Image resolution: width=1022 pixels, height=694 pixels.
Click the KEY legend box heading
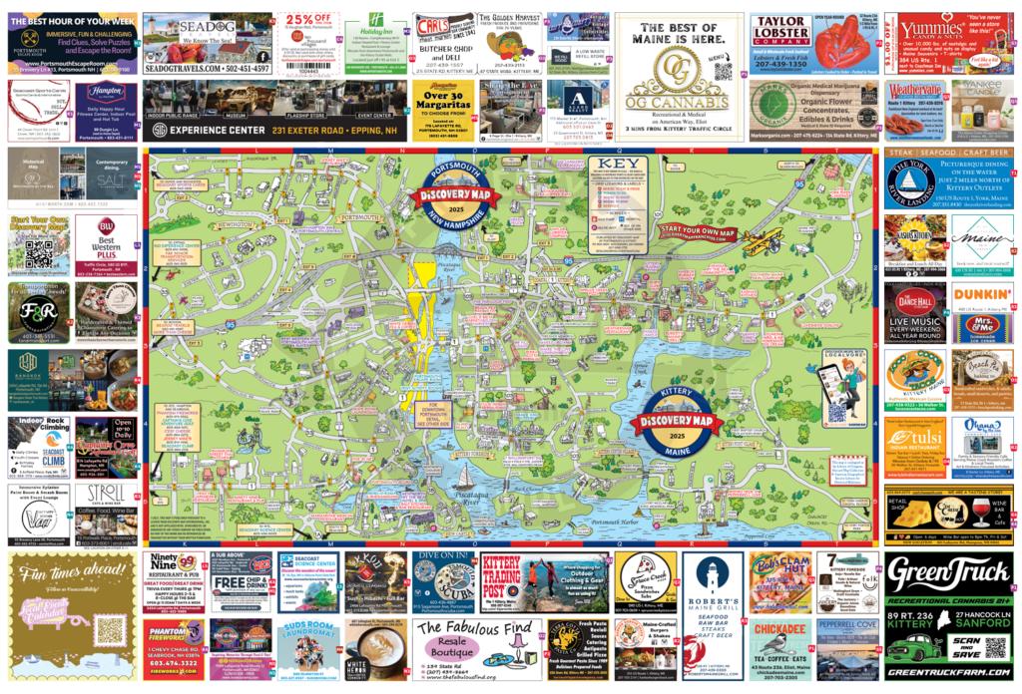[611, 165]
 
